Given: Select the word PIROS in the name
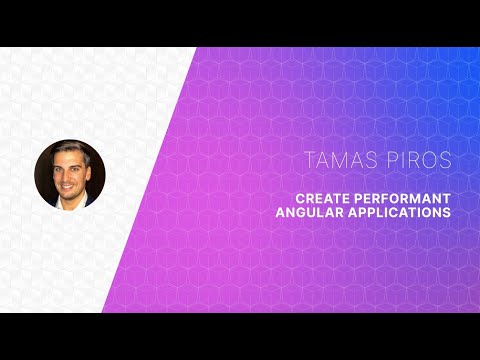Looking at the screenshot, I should coord(421,160).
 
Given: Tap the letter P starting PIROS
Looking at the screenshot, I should coord(397,160).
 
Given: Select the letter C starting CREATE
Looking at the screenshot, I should coord(284,197).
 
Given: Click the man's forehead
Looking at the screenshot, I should coord(69,157).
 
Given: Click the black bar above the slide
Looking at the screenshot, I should coord(240,22).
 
